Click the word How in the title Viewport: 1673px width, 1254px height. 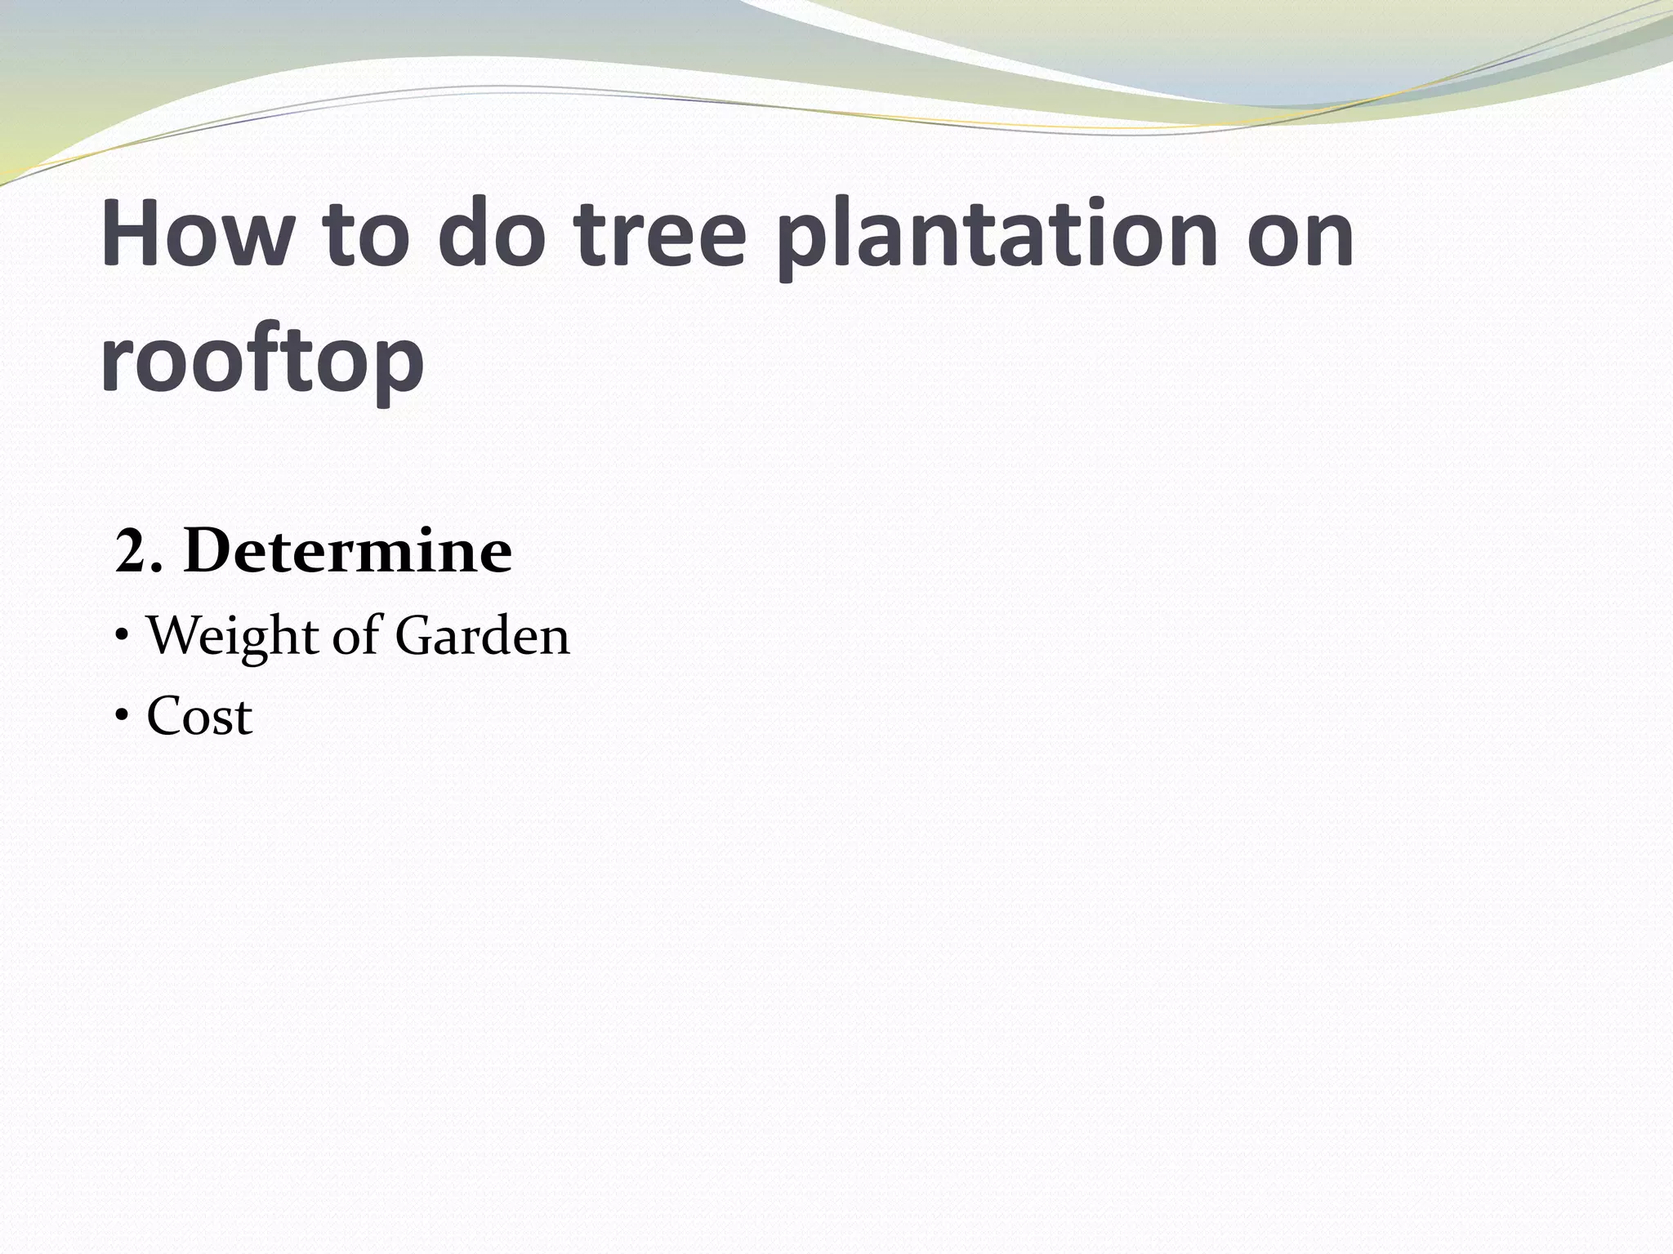tap(195, 234)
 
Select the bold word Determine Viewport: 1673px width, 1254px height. tap(348, 551)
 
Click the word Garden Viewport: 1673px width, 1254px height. tap(482, 636)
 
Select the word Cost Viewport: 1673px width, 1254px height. tap(199, 717)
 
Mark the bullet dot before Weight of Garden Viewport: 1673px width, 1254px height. tap(122, 636)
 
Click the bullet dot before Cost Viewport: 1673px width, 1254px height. tap(122, 716)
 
